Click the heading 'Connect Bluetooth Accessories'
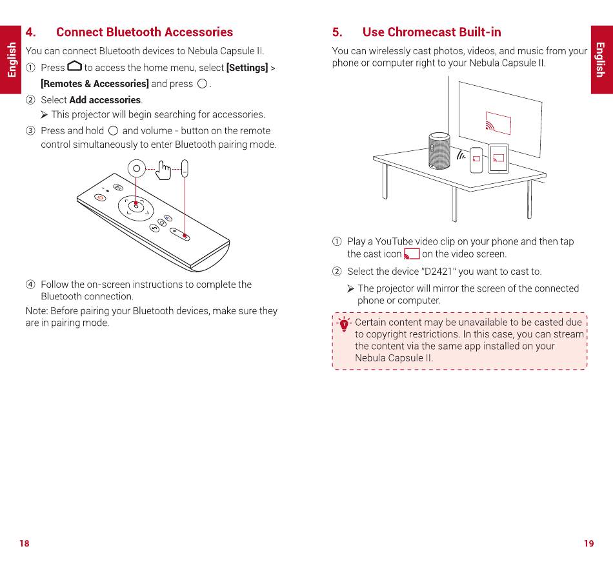(x=144, y=32)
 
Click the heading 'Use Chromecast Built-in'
(x=431, y=32)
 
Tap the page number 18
(x=25, y=543)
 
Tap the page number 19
(x=588, y=543)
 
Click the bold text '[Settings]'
(x=246, y=68)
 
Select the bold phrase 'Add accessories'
(x=105, y=100)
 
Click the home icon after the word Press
(x=74, y=66)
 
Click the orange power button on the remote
(x=100, y=197)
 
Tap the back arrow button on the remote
(x=154, y=228)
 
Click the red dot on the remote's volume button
(x=185, y=236)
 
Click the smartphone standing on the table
(x=476, y=160)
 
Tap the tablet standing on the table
(x=498, y=158)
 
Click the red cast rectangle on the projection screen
(x=497, y=122)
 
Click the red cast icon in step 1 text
(x=412, y=254)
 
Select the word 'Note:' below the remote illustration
(x=36, y=311)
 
